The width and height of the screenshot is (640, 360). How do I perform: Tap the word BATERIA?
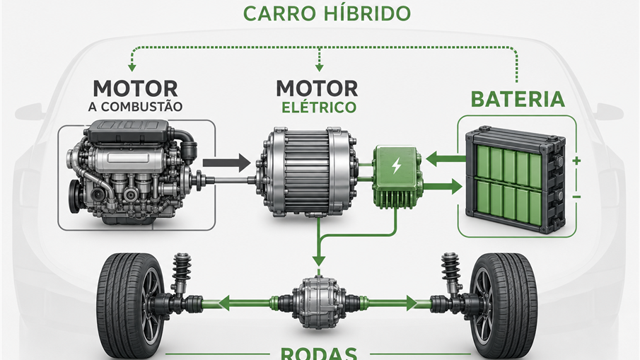(x=518, y=99)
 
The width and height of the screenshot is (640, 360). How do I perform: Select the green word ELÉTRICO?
(x=319, y=107)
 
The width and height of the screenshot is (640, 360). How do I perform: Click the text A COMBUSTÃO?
(x=135, y=107)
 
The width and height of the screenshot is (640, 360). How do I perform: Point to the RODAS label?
(x=319, y=353)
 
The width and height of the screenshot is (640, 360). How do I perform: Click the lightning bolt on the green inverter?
(x=396, y=166)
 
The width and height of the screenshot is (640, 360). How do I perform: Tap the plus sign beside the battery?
(x=576, y=161)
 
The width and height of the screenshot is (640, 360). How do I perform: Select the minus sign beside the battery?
(x=576, y=197)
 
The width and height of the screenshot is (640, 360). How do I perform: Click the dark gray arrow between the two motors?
(x=226, y=163)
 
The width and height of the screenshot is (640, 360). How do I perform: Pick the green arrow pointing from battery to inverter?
(x=446, y=158)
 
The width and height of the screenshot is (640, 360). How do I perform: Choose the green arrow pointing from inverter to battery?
(x=443, y=187)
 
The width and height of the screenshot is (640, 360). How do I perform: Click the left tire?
(x=130, y=306)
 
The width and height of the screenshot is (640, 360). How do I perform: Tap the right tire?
(x=504, y=306)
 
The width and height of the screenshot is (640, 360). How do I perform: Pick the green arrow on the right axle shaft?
(x=392, y=303)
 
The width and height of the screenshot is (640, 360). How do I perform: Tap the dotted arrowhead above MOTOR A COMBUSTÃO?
(x=132, y=67)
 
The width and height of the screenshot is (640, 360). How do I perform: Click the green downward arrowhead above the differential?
(x=319, y=261)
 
